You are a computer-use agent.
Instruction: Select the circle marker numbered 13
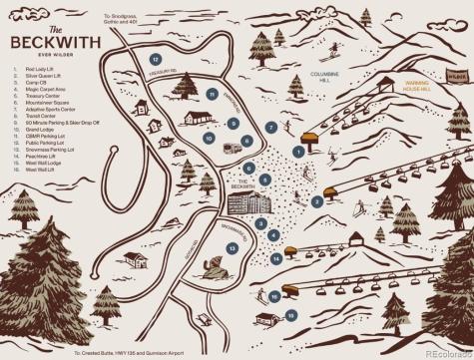[231, 247]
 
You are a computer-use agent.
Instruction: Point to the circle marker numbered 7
[271, 128]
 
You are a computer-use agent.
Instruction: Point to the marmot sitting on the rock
[213, 267]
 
